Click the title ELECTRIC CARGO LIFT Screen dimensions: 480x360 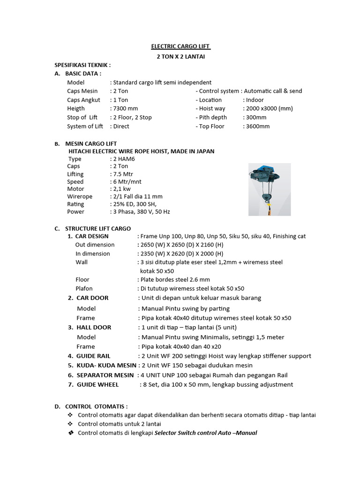click(x=181, y=46)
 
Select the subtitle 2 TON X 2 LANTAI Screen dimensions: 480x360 click(x=181, y=56)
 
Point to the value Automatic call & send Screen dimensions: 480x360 click(x=273, y=91)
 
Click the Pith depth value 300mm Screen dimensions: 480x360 click(x=256, y=118)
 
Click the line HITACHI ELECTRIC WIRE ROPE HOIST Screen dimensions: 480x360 click(x=142, y=151)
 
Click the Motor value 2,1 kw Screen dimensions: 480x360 click(x=121, y=189)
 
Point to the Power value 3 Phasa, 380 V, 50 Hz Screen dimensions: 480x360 click(x=141, y=212)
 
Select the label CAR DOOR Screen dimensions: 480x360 click(x=92, y=298)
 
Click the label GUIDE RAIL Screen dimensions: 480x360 click(x=93, y=356)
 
